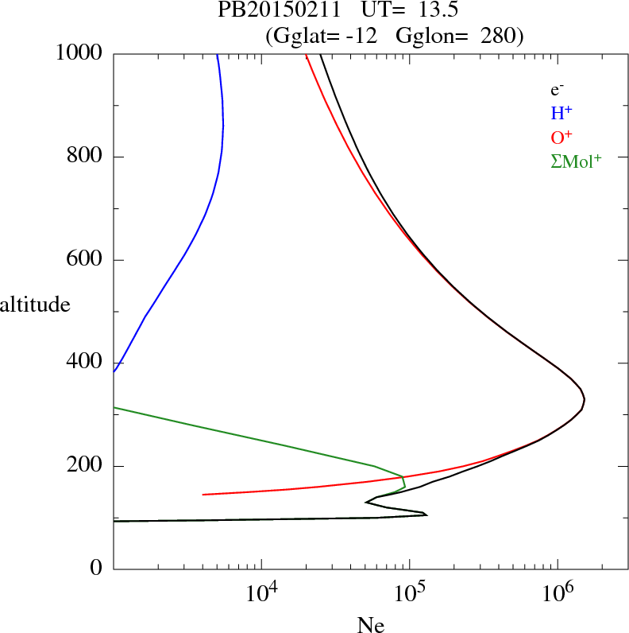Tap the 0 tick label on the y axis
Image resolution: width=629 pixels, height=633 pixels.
tap(97, 569)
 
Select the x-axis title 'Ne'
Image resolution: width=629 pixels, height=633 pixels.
tap(370, 625)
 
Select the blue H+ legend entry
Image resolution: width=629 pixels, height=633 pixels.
tap(561, 113)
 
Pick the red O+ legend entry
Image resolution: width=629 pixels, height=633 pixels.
tap(561, 137)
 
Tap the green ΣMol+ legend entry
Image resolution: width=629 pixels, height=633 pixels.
tap(576, 161)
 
